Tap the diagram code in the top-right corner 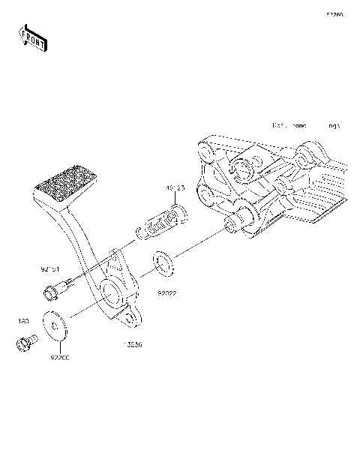click(x=334, y=14)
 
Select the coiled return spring click(x=160, y=223)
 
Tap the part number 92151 click(x=50, y=266)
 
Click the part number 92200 click(x=60, y=359)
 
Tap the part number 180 click(x=23, y=321)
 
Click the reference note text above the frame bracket click(x=305, y=126)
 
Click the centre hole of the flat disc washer click(x=55, y=324)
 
